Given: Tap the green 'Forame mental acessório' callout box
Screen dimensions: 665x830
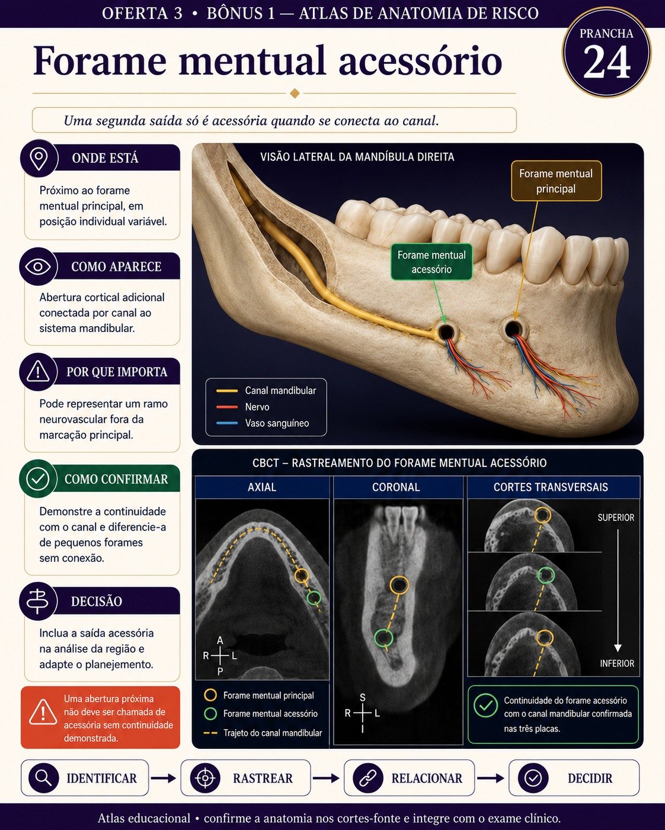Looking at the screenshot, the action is point(431,262).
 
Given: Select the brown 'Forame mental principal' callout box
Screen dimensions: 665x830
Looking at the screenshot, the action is point(556,181).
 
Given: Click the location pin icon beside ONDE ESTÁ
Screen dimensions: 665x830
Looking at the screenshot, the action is point(39,159).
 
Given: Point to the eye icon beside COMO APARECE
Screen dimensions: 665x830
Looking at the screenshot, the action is point(38,266).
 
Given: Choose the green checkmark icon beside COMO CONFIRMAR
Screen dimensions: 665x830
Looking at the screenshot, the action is point(38,478).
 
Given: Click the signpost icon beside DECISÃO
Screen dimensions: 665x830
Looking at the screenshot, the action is point(37,601).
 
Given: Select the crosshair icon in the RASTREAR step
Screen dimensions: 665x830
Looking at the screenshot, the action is point(205,778).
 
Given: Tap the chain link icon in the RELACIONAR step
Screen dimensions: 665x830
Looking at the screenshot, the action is point(368,778).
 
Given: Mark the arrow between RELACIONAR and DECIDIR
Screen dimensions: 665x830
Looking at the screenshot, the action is point(491,778).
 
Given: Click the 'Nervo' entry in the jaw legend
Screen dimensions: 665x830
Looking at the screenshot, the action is point(257,407).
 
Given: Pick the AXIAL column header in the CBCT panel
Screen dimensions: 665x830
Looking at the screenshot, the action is point(262,487).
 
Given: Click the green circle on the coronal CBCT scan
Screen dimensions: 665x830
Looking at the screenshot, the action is point(383,638).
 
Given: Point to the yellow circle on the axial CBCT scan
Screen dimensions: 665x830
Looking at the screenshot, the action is point(302,575).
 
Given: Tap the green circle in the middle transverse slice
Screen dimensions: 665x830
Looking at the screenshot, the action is point(546,575).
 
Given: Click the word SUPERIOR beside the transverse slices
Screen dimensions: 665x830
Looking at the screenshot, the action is point(616,517).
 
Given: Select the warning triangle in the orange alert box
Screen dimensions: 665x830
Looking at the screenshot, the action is point(43,712).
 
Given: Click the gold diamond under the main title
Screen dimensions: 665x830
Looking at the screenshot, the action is point(295,94).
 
